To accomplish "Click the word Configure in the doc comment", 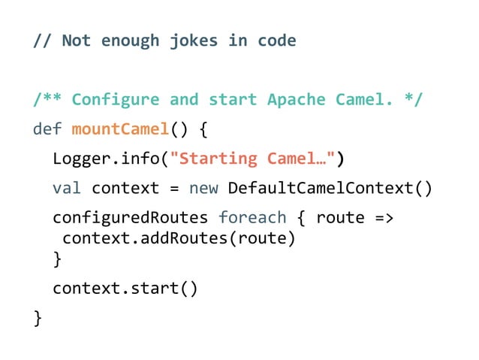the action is pos(116,99).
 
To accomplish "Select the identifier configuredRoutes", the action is pos(130,218).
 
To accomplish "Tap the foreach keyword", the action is pos(252,218).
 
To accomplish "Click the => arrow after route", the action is pos(384,218).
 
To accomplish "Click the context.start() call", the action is pos(125,288).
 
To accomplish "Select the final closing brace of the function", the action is pos(38,319).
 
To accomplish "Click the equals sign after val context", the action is pos(173,188).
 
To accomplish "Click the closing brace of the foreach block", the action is pos(57,259).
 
